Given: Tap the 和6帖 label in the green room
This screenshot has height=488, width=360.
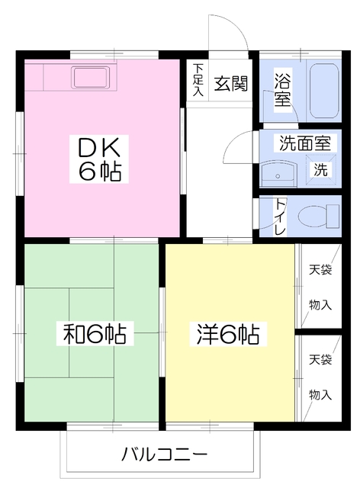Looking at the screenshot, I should pos(95,333).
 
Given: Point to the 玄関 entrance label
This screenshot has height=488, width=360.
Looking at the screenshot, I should pos(230,83).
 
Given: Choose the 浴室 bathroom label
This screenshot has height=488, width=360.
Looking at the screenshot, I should pos(282,88).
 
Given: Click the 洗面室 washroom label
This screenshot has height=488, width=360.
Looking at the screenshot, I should pos(303,143).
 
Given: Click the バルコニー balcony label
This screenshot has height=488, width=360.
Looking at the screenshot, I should pos(164,455).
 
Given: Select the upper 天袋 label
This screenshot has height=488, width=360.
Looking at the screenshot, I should pos(320,269).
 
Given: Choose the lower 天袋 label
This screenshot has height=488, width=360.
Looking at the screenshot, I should pos(320,358).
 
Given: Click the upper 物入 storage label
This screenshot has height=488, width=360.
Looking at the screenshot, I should pos(320,304).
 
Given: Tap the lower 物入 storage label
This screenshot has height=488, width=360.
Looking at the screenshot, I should pos(320,394).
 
